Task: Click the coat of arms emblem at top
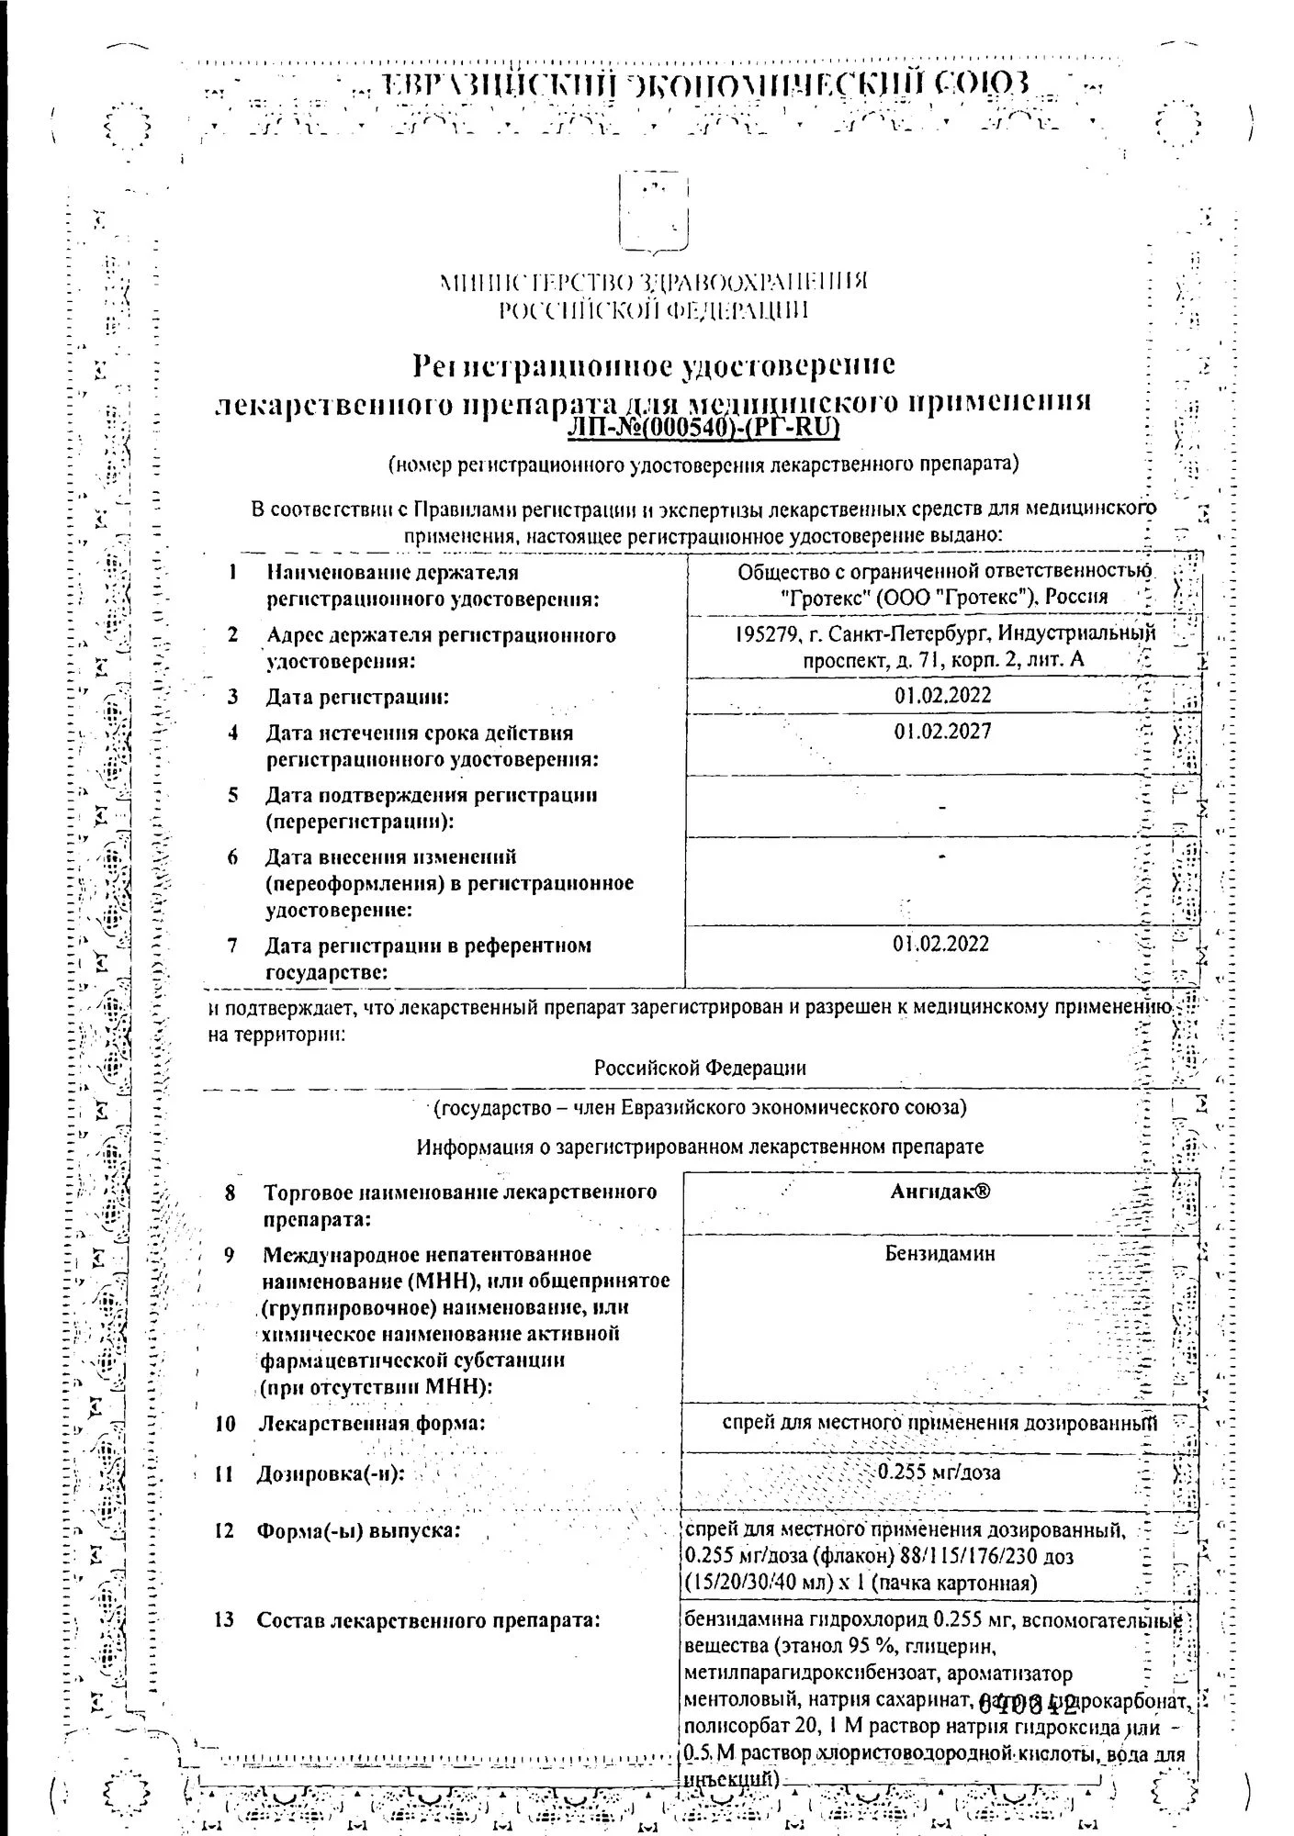click(x=653, y=212)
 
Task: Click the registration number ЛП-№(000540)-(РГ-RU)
click(x=704, y=428)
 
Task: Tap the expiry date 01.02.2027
click(x=942, y=733)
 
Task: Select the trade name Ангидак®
click(x=942, y=1192)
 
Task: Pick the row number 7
click(x=234, y=945)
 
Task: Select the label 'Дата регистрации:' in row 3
click(x=357, y=698)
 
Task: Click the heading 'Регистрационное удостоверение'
click(x=653, y=366)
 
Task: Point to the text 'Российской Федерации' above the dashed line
click(x=700, y=1068)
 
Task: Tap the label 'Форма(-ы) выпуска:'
click(x=358, y=1531)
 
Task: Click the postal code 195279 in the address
click(x=768, y=634)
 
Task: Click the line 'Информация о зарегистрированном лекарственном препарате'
click(x=700, y=1147)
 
